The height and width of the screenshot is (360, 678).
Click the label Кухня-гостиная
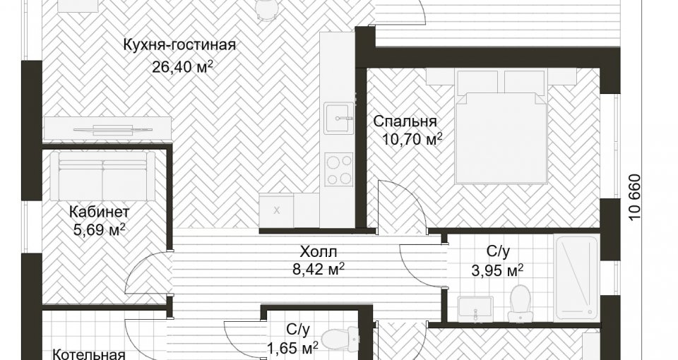click(x=179, y=45)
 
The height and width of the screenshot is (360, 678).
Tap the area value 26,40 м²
click(x=182, y=67)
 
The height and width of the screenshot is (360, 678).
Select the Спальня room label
click(x=405, y=121)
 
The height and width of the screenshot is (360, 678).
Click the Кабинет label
click(x=100, y=212)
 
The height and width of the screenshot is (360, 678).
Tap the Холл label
click(x=319, y=251)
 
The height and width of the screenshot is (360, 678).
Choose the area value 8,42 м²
click(x=319, y=270)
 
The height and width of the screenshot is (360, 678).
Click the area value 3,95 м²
click(x=497, y=270)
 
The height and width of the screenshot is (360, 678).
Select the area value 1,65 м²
click(x=292, y=347)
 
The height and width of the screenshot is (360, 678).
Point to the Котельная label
click(x=89, y=355)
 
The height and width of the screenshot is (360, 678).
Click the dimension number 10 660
click(x=634, y=198)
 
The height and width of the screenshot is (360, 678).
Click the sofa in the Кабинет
click(x=102, y=176)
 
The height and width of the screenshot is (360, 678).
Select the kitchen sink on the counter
click(x=340, y=117)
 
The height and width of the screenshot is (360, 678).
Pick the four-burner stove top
click(x=340, y=170)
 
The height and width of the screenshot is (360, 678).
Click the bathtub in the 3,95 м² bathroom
click(x=576, y=277)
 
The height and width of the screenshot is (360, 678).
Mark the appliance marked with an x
click(x=277, y=210)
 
